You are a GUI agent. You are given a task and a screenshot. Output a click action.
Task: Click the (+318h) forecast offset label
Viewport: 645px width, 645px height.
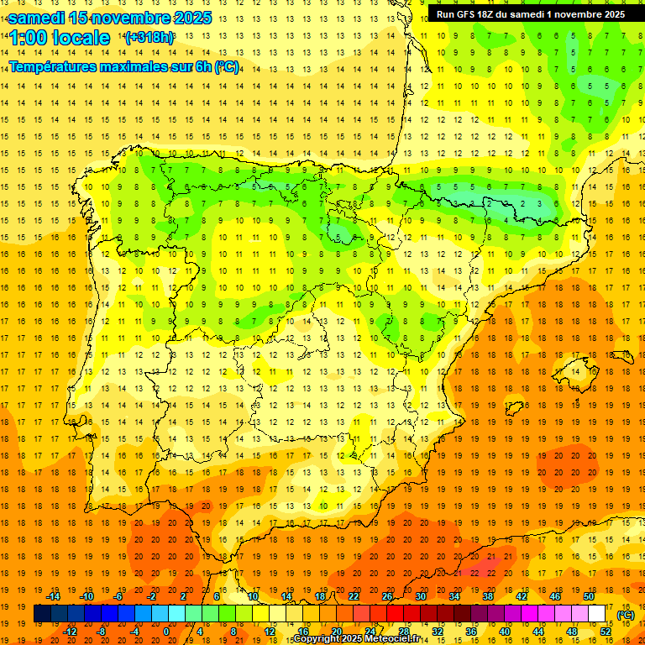coord(149,38)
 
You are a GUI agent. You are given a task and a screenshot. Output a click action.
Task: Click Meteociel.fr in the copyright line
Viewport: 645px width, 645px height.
coord(389,639)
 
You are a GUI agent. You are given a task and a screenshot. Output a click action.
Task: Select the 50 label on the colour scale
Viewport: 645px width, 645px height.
coord(588,596)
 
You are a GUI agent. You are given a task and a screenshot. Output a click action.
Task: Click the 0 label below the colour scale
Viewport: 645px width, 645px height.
coord(166,632)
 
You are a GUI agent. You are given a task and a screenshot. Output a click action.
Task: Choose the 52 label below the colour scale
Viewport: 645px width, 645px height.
coord(606,632)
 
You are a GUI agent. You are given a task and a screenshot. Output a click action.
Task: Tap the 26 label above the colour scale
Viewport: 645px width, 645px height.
coord(386,596)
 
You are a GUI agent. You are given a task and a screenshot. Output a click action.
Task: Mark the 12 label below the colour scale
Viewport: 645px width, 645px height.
coord(270,632)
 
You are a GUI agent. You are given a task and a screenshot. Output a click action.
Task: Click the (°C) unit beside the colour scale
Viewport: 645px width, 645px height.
coord(626,614)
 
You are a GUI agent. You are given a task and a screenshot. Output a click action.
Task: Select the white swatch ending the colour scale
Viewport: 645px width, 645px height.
coord(597,614)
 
